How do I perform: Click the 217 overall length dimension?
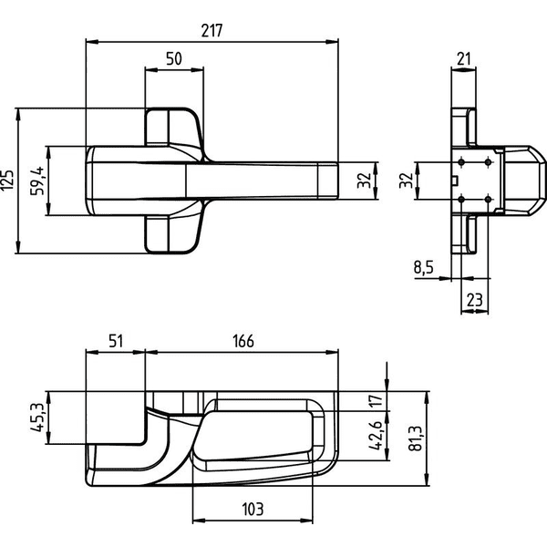click(x=212, y=31)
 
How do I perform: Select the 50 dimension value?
click(x=174, y=58)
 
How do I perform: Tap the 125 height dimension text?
click(x=8, y=180)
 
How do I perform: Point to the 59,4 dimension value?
click(x=37, y=181)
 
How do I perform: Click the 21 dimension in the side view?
click(x=464, y=58)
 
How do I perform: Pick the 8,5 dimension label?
click(x=424, y=267)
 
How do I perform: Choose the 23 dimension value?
click(x=474, y=300)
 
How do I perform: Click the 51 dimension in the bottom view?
click(x=116, y=341)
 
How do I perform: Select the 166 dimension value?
click(x=243, y=341)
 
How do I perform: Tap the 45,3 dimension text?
click(x=37, y=418)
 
